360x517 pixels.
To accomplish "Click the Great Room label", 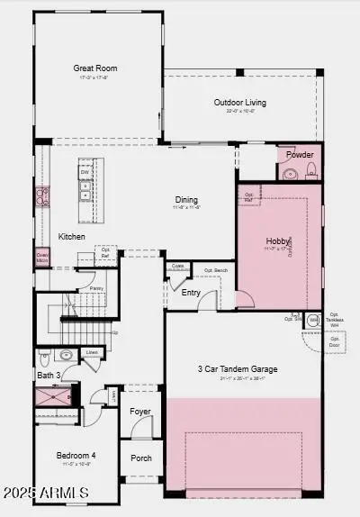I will (x=95, y=68).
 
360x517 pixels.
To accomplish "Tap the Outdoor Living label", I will (x=239, y=103).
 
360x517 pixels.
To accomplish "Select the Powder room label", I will (x=300, y=155).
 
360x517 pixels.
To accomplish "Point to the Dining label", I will (x=186, y=200).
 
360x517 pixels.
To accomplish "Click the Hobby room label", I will (x=278, y=241).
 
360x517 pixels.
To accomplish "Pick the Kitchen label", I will (x=72, y=237).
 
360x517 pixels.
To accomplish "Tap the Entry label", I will (x=192, y=292).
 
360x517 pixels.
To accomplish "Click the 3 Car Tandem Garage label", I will (x=238, y=369).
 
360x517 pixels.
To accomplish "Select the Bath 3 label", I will (x=49, y=375).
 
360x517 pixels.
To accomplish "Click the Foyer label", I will (x=140, y=412).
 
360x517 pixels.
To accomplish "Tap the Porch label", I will (x=141, y=458).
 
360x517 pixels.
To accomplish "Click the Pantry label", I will (x=96, y=288).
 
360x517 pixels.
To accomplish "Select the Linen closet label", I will (x=92, y=352).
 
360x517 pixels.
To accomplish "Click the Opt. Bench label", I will (x=215, y=270).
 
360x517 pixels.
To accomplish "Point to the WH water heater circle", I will (x=313, y=320).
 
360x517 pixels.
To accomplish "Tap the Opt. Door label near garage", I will (x=335, y=342).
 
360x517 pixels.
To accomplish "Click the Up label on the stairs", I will (x=114, y=332).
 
